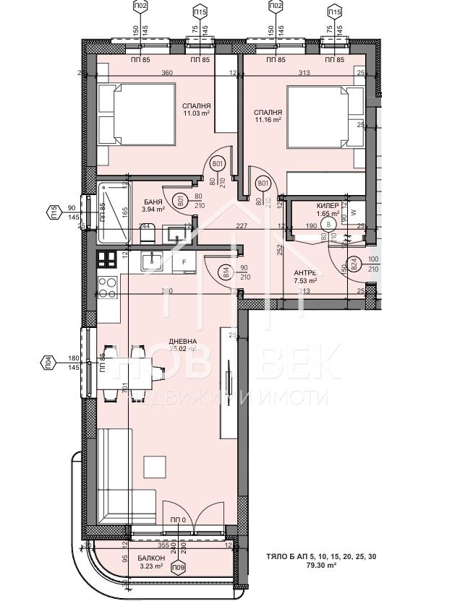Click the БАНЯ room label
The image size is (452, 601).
[x=153, y=202]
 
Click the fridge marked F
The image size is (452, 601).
[x=184, y=262]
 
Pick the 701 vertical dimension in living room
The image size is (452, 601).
[x=125, y=390]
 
